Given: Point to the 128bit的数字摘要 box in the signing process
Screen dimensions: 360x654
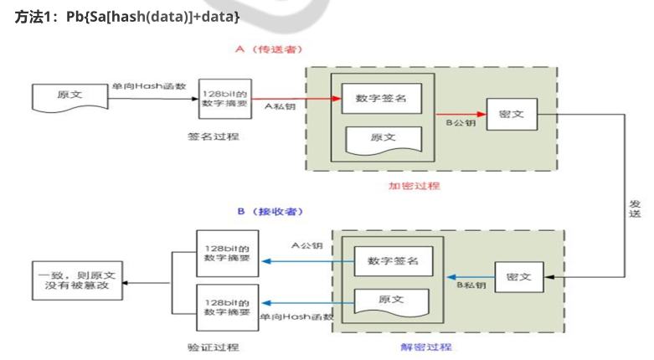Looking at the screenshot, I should pyautogui.click(x=225, y=99).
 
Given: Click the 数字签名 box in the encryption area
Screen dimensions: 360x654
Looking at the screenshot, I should pyautogui.click(x=380, y=99).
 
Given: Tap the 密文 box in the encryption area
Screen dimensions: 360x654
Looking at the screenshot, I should pyautogui.click(x=511, y=113).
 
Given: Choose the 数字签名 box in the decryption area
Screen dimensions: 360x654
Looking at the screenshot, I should pyautogui.click(x=393, y=261).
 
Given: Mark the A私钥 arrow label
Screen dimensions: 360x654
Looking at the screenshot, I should pyautogui.click(x=279, y=107).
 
